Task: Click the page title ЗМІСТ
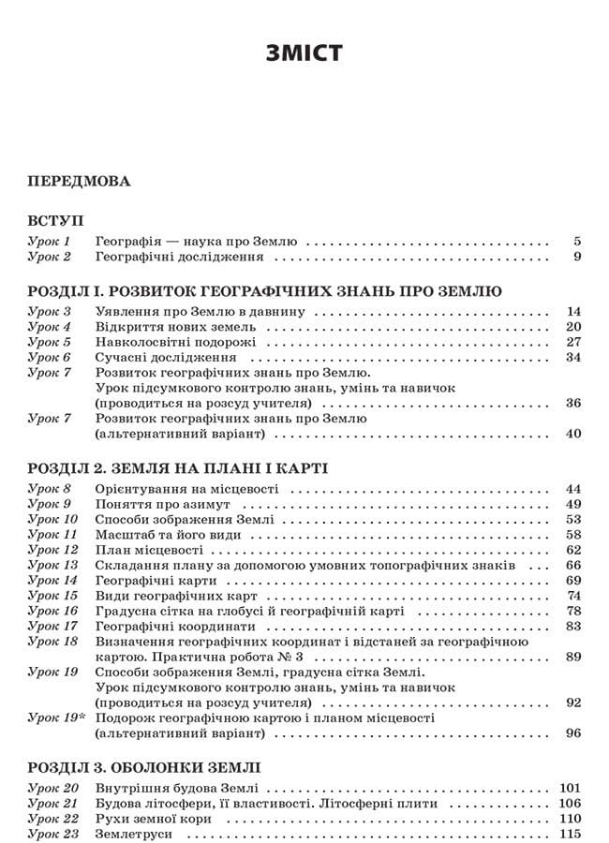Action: click(x=304, y=52)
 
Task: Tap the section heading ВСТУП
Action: click(x=55, y=220)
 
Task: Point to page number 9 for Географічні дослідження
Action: click(x=578, y=256)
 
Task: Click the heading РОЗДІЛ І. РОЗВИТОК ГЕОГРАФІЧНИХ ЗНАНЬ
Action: click(x=265, y=291)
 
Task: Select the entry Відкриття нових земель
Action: click(x=176, y=327)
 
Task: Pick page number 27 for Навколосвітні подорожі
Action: click(x=574, y=342)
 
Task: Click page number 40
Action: click(x=574, y=433)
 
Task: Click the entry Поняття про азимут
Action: click(x=163, y=504)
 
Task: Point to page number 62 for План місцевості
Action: click(x=574, y=549)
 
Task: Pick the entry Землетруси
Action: click(x=132, y=833)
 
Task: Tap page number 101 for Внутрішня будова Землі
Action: click(x=571, y=788)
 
